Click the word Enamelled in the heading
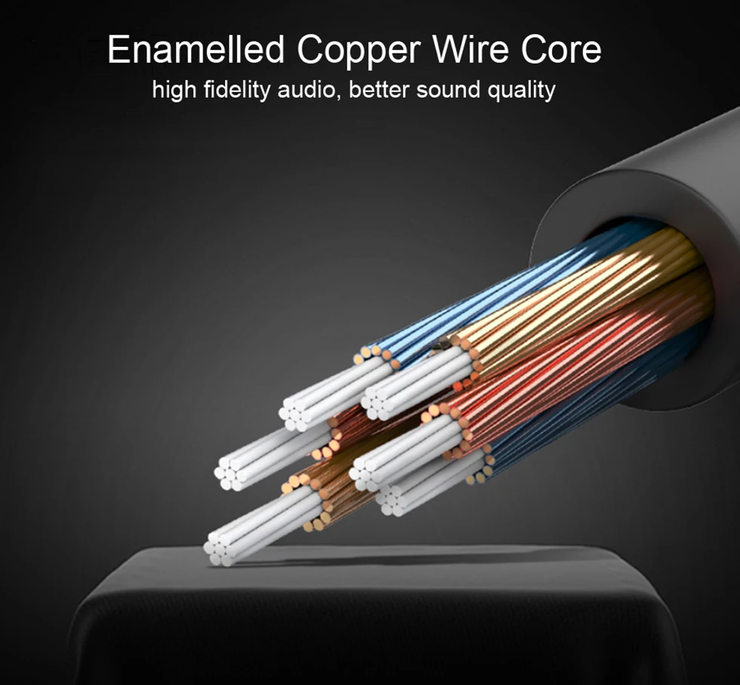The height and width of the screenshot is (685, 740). point(196,51)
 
